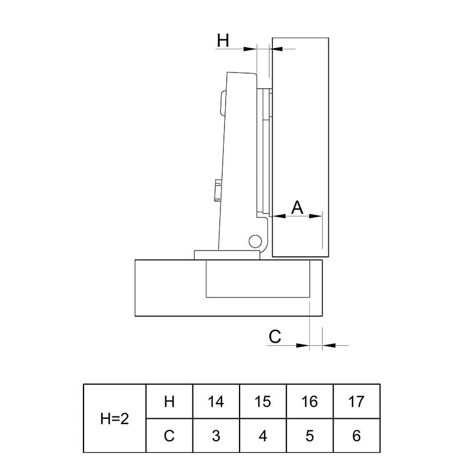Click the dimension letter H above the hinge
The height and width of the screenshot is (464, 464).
pyautogui.click(x=223, y=40)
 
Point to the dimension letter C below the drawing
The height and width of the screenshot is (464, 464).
pyautogui.click(x=274, y=336)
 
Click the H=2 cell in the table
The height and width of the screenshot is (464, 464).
pyautogui.click(x=114, y=418)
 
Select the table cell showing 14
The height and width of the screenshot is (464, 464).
pyautogui.click(x=216, y=401)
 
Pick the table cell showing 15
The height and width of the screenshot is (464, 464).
pyautogui.click(x=263, y=401)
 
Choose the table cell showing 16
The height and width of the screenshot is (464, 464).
pyautogui.click(x=310, y=401)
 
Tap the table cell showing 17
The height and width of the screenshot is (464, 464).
pyautogui.click(x=356, y=401)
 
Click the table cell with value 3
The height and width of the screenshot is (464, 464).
pyautogui.click(x=216, y=436)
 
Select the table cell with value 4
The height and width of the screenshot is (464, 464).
pyautogui.click(x=263, y=436)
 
